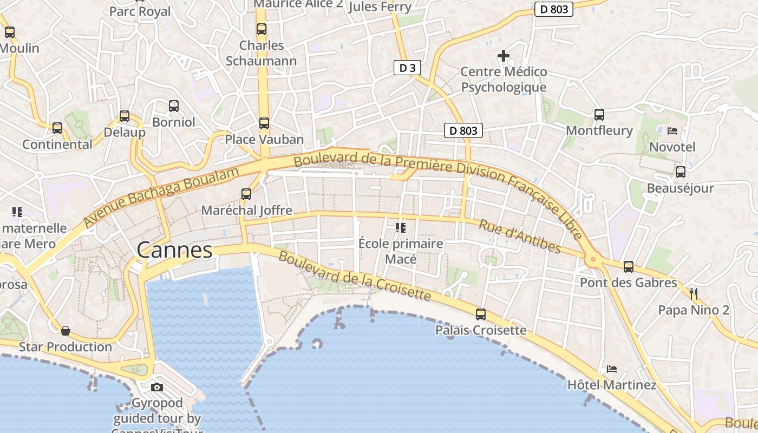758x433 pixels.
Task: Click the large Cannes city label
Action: (x=174, y=250)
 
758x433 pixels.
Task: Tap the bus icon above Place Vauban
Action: (x=264, y=123)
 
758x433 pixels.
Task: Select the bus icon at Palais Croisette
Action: (x=480, y=314)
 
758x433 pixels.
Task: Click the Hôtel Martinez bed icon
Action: (x=612, y=369)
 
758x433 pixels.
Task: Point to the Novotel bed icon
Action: (x=672, y=130)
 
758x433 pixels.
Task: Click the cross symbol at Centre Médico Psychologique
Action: (x=504, y=55)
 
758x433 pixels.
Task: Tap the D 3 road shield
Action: (x=407, y=68)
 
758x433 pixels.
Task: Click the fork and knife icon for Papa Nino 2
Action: (x=694, y=294)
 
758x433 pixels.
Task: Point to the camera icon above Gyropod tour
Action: (x=157, y=387)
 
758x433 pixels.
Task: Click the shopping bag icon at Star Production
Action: (x=66, y=330)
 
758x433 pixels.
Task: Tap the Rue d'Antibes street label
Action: (x=520, y=237)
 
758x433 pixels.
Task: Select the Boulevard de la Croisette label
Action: (x=355, y=277)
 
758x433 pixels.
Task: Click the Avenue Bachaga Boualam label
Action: (x=161, y=198)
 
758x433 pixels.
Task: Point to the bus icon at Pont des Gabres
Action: (x=628, y=266)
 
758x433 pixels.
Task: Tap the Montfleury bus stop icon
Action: (x=599, y=114)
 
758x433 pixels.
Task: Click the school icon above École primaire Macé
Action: (x=401, y=227)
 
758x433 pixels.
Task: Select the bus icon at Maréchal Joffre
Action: (x=246, y=194)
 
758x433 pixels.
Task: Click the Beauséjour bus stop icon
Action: (x=681, y=172)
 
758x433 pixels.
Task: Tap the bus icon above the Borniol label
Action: (x=173, y=106)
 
